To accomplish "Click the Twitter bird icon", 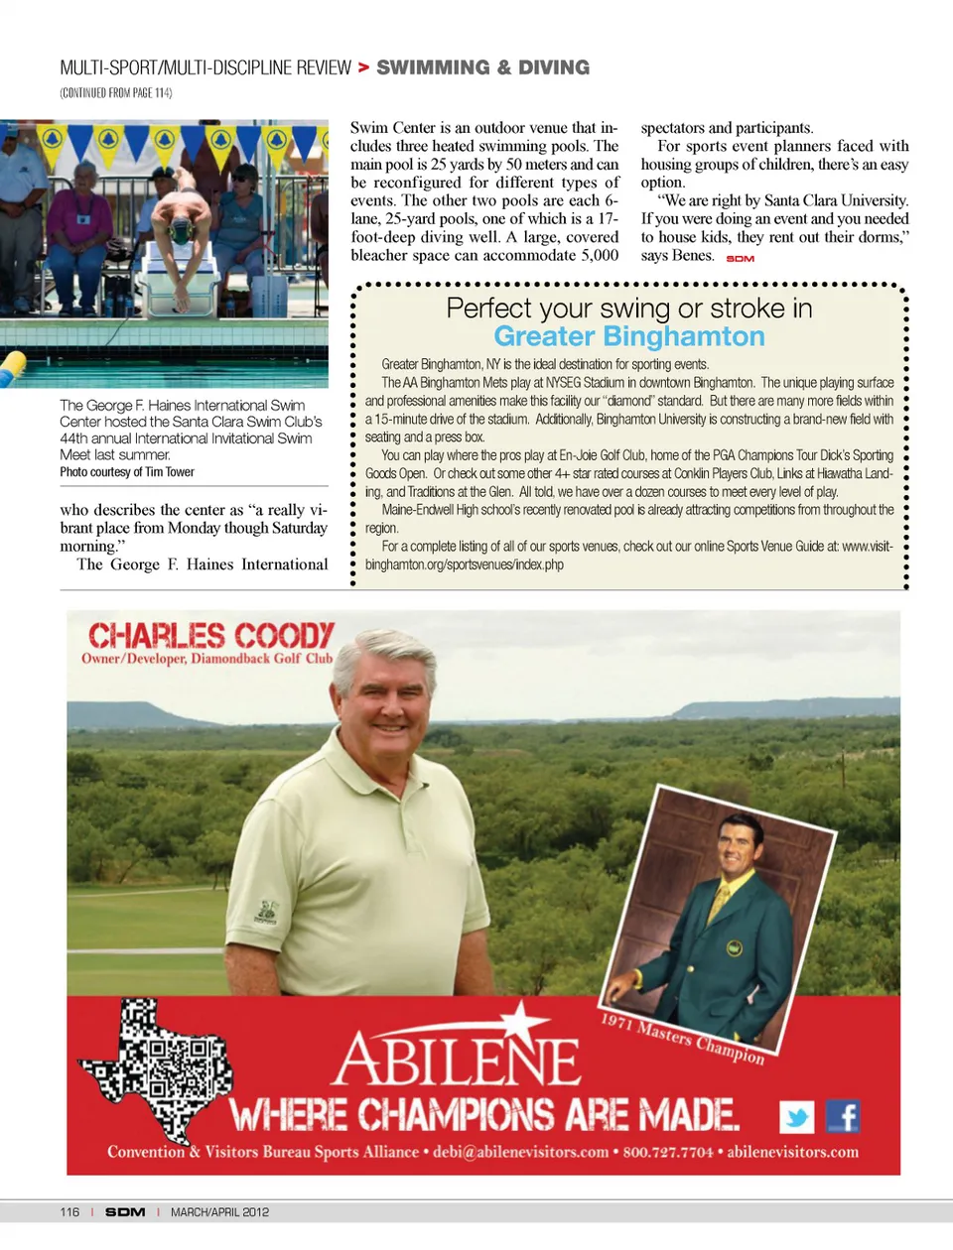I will [x=796, y=1117].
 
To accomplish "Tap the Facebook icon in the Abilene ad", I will [x=842, y=1116].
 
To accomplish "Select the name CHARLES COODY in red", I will [x=210, y=635].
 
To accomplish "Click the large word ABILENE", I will [x=457, y=1060].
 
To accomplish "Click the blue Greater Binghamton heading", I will [x=628, y=336].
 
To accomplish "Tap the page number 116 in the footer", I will [x=69, y=1212].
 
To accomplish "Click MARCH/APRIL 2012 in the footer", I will [x=219, y=1212].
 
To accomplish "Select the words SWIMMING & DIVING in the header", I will [x=482, y=67].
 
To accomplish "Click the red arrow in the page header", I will [x=363, y=67].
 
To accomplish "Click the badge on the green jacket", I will [x=734, y=949].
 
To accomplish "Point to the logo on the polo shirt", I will [x=266, y=911].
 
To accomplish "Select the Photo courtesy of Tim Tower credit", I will [x=127, y=472].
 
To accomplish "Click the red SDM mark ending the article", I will [x=740, y=259].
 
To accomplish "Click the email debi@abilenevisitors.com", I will [x=520, y=1152].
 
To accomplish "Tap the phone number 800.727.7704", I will [x=667, y=1152].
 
